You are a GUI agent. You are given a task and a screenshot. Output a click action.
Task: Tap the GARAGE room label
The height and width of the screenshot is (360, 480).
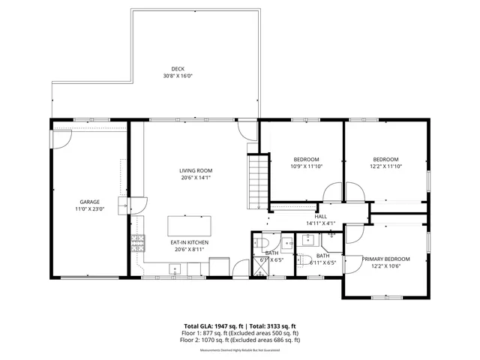pos(90,202)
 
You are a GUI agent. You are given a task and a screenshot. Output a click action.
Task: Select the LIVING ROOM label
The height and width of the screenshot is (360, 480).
pos(195,170)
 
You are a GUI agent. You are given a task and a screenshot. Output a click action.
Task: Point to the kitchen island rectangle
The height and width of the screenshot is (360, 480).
pos(189,226)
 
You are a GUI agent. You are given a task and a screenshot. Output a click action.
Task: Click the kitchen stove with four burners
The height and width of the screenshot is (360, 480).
pos(138,241)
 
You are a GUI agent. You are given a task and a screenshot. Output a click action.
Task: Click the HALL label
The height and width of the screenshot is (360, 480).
pos(320,216)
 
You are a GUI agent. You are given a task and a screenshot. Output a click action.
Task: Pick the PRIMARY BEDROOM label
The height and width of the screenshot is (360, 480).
pos(387,259)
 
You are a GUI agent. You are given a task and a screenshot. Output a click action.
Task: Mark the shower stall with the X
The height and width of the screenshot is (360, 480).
pos(259,271)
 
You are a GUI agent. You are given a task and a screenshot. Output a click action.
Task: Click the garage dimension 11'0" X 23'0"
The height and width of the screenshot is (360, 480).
pos(90,209)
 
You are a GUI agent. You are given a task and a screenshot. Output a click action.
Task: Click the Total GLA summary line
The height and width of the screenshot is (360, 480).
pos(240,326)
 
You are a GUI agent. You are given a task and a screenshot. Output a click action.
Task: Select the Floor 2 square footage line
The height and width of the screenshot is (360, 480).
pos(240,340)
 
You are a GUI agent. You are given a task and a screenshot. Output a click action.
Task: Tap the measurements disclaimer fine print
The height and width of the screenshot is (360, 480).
pos(240,349)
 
